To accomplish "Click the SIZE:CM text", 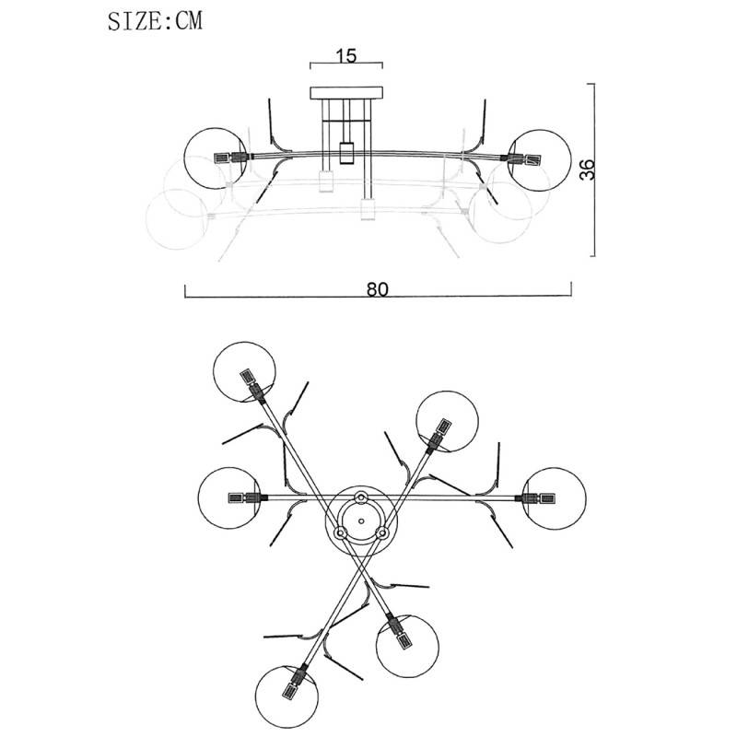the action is coord(155,21).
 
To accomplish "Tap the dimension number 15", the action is coord(346,56).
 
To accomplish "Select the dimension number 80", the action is coord(378,289).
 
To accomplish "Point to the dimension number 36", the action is coord(587,170).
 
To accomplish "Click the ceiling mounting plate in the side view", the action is coord(346,93).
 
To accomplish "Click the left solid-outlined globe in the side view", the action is coord(216,158).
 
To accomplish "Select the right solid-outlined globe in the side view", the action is coord(540,160).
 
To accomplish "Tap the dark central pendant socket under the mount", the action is coord(346,153).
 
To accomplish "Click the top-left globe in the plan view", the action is coord(244,372).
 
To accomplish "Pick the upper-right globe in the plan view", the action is coord(448,421).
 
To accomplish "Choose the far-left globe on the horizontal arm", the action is coord(229,498).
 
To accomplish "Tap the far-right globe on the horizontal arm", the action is coord(555,498).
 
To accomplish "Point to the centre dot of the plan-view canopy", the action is coord(361,521).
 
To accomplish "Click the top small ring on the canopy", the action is coord(361,497).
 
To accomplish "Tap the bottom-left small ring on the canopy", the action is coord(340,533).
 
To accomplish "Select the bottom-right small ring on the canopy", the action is coord(382,533).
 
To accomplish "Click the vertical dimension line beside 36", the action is coord(594,170).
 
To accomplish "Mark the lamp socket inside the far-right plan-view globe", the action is coord(540,498).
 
